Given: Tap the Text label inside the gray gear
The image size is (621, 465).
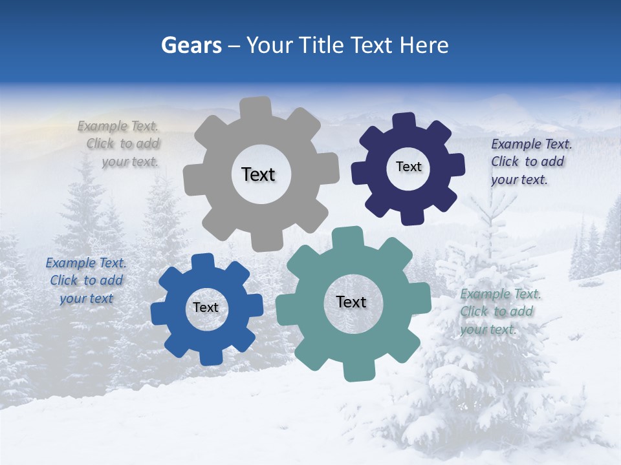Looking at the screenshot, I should [258, 174].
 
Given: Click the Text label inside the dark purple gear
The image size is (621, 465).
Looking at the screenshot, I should [408, 167].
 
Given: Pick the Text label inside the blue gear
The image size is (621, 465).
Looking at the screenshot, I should [206, 307].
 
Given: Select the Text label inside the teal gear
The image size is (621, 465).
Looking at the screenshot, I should [351, 302].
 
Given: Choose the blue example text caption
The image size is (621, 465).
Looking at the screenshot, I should [86, 280].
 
